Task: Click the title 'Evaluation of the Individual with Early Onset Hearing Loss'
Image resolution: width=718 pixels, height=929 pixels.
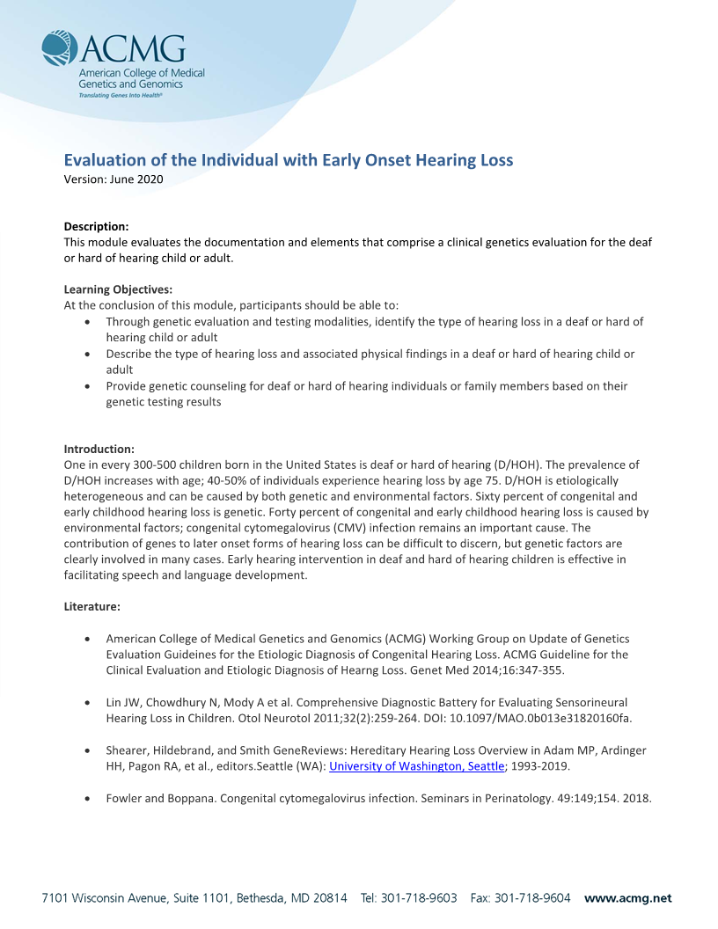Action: click(x=289, y=160)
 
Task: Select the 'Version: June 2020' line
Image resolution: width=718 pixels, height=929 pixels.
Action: click(x=114, y=179)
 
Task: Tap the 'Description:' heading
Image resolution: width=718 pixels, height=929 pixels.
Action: click(x=97, y=226)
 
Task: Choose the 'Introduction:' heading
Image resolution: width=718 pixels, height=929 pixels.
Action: click(x=99, y=449)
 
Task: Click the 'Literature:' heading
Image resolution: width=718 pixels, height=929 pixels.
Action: click(x=92, y=606)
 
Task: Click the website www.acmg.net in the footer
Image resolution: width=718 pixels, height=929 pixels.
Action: click(x=627, y=898)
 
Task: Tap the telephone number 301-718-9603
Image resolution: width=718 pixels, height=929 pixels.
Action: click(x=419, y=898)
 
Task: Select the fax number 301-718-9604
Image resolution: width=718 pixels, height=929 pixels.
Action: click(x=532, y=898)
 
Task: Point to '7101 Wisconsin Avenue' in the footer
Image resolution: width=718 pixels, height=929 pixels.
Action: click(x=99, y=898)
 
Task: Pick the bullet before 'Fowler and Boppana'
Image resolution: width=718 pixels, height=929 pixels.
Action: click(x=87, y=799)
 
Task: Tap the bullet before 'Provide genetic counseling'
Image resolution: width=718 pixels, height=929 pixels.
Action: click(x=87, y=386)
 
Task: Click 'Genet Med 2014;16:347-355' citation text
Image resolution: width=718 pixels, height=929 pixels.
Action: click(x=489, y=670)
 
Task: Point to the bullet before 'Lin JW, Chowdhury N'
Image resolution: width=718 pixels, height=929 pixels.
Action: click(x=87, y=703)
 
